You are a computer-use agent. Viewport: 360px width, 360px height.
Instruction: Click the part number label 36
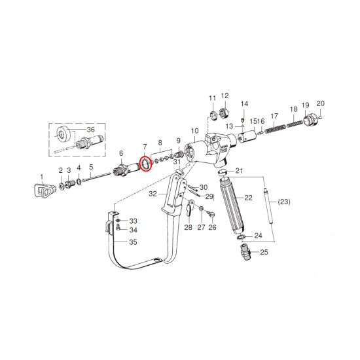91,130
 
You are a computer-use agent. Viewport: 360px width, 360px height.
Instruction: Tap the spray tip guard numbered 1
45,190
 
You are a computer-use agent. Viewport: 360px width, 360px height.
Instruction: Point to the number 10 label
194,131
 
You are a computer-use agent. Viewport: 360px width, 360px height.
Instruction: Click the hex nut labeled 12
223,113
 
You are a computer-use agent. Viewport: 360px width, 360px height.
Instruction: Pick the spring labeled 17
275,128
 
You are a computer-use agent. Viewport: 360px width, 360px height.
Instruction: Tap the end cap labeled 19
310,120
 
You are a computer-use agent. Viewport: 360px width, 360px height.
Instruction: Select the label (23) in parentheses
284,202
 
